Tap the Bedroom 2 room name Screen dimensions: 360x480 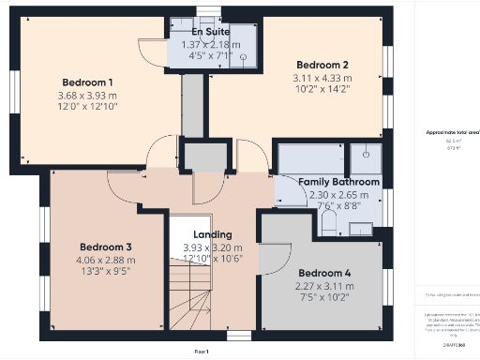click(x=322, y=66)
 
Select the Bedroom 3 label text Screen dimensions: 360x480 click(x=105, y=247)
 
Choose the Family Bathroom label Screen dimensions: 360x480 click(x=338, y=182)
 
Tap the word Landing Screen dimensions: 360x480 click(x=213, y=234)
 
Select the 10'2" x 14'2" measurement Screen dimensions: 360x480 click(x=322, y=91)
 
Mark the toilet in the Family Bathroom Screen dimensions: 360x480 click(x=328, y=222)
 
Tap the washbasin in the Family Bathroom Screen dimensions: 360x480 click(x=361, y=227)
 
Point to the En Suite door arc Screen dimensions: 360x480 click(x=150, y=52)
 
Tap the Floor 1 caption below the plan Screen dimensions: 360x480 click(x=201, y=351)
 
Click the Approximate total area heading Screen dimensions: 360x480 click(x=453, y=131)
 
